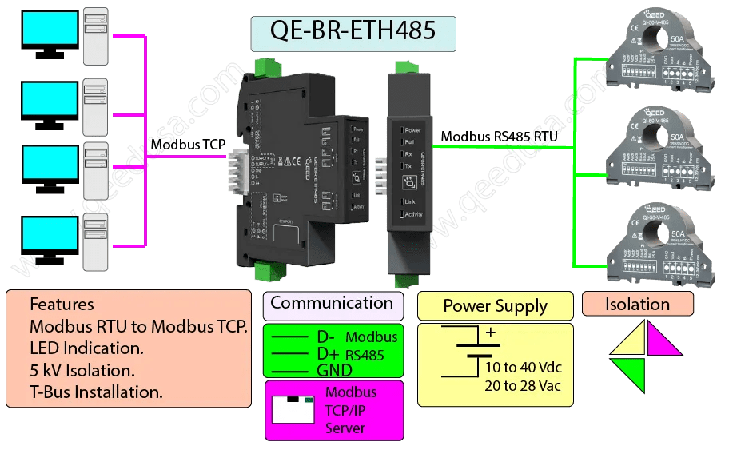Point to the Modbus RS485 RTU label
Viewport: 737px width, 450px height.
tap(500, 137)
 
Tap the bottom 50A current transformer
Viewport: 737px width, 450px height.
tap(662, 241)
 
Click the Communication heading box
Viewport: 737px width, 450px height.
tap(333, 304)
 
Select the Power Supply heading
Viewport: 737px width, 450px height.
tap(495, 306)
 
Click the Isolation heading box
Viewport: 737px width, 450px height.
tap(637, 304)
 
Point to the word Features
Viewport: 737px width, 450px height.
tap(62, 305)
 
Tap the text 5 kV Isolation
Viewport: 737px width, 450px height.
tap(82, 371)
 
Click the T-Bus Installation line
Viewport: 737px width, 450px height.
tap(96, 392)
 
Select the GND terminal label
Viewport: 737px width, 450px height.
tap(334, 370)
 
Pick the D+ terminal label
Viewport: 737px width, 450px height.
tap(329, 353)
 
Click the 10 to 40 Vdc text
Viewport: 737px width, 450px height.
tap(524, 368)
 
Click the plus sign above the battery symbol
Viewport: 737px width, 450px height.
tap(491, 332)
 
